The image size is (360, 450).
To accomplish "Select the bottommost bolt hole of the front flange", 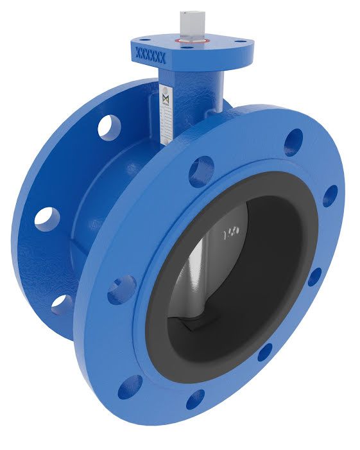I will [195, 399].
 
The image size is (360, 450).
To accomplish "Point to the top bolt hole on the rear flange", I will [109, 126].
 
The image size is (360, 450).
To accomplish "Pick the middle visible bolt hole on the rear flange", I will [46, 216].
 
